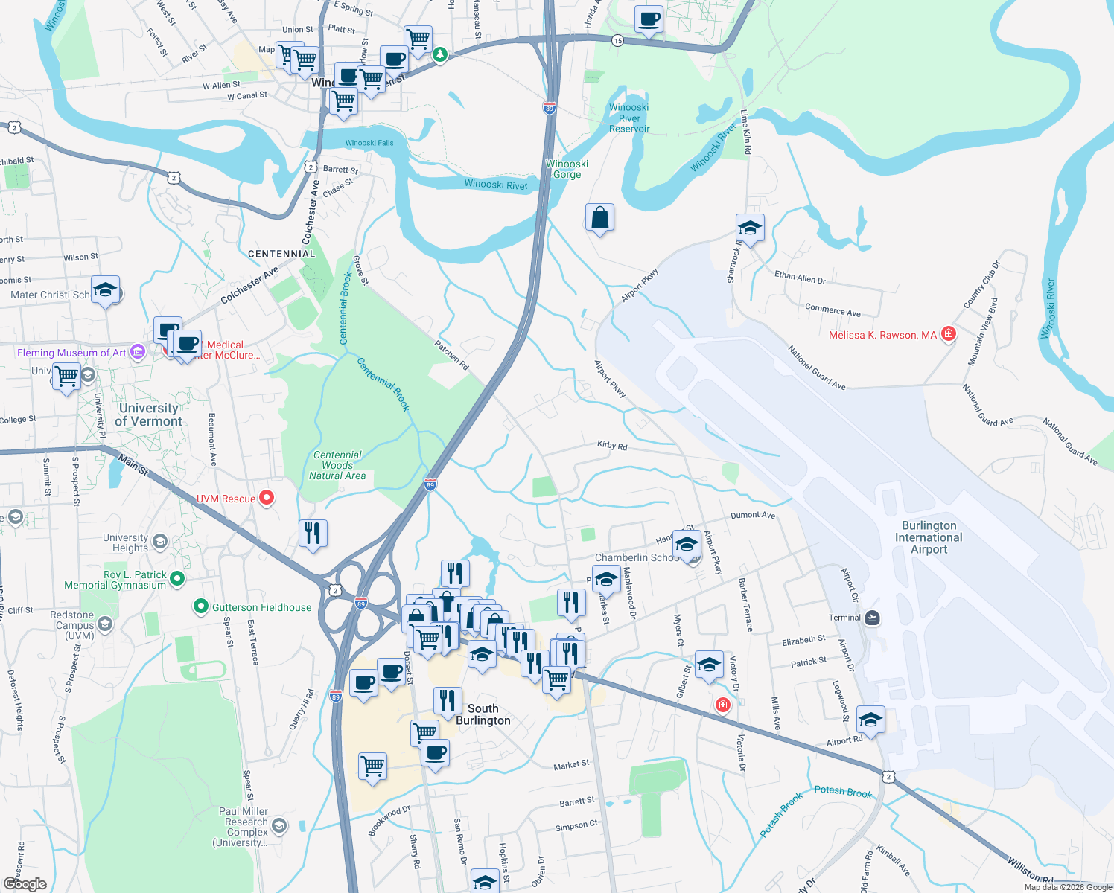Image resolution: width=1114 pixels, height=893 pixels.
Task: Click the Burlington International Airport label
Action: click(929, 537)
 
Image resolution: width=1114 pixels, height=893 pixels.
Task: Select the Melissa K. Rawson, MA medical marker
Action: click(948, 334)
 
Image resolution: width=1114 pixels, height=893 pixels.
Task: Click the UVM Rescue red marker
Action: click(267, 498)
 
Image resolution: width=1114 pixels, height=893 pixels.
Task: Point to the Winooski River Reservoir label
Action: click(629, 118)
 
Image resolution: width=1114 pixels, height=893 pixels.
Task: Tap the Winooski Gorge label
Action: click(567, 169)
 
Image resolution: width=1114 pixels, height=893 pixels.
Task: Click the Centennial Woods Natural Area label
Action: click(337, 465)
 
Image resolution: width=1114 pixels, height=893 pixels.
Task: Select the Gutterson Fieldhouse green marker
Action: click(200, 607)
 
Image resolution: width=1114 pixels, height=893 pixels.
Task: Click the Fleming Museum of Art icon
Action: click(138, 352)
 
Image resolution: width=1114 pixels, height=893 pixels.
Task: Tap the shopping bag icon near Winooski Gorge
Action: click(599, 218)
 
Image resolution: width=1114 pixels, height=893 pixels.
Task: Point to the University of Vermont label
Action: click(149, 415)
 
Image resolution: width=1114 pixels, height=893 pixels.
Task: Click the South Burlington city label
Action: click(483, 714)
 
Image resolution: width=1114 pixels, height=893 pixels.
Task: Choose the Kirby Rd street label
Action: click(612, 446)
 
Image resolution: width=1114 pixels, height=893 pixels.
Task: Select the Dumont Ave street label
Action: click(753, 515)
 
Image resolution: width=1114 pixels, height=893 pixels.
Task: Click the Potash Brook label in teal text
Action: click(842, 791)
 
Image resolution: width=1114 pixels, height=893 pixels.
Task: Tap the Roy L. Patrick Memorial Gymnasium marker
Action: click(176, 578)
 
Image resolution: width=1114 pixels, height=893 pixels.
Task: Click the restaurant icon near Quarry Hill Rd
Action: click(313, 533)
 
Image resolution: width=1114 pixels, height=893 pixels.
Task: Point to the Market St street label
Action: click(571, 764)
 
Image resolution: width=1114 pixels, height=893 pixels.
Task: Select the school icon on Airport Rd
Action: click(870, 720)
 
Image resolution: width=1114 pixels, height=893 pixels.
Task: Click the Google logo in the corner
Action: click(25, 883)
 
